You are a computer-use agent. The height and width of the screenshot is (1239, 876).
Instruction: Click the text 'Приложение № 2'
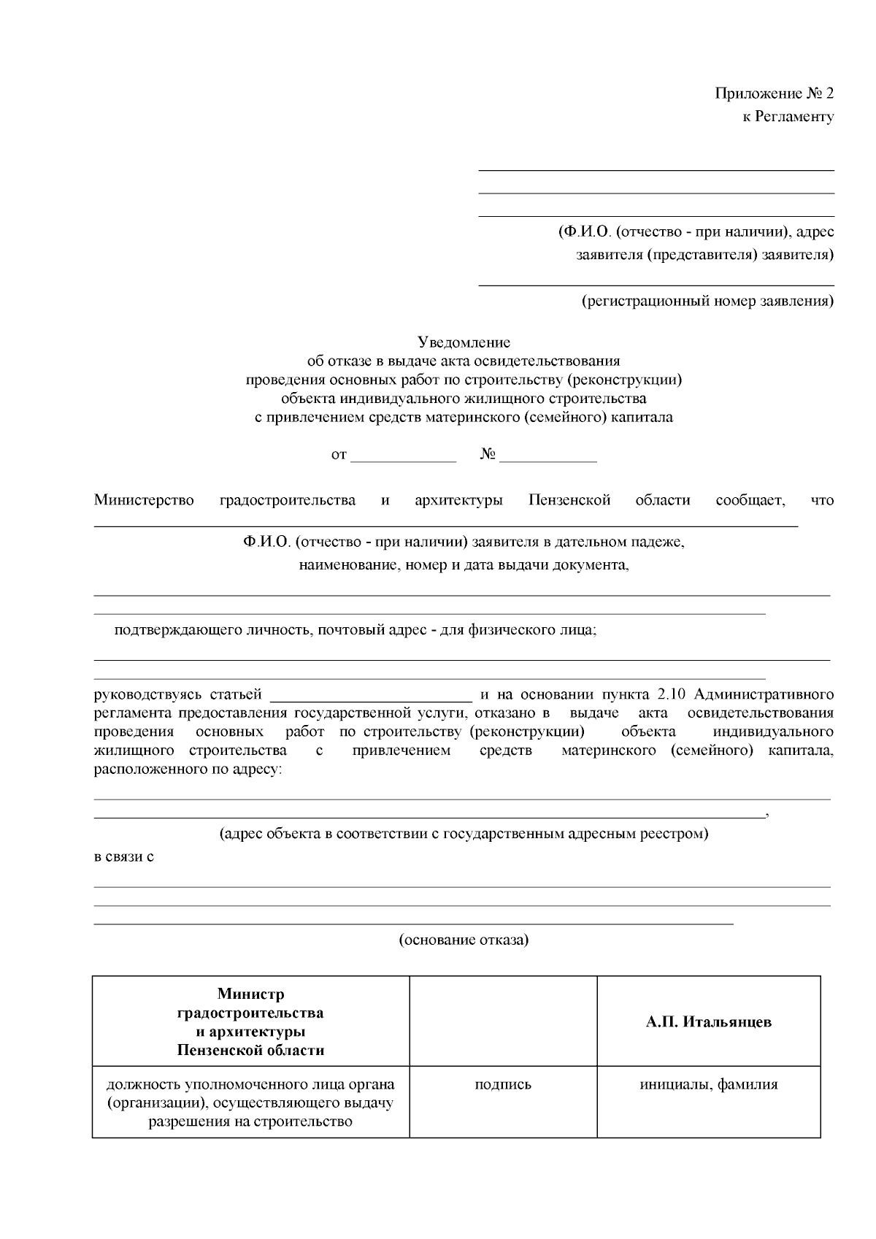(x=774, y=93)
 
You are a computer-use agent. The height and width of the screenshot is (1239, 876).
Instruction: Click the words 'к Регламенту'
(x=788, y=116)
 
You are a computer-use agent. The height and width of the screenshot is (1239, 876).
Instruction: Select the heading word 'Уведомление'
(x=464, y=342)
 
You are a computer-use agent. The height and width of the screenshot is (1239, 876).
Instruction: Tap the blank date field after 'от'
(x=404, y=456)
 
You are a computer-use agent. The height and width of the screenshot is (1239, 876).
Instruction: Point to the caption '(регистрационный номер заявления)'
(x=707, y=301)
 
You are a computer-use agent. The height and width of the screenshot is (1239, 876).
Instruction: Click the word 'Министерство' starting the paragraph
(x=144, y=500)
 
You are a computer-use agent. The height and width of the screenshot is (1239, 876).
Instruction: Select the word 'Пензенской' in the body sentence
(x=569, y=500)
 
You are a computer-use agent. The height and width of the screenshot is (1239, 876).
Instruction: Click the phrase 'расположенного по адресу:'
(x=187, y=770)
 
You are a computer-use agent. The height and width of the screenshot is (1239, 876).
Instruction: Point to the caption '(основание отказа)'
(x=464, y=940)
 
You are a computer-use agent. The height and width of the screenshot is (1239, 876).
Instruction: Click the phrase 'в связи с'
(x=124, y=856)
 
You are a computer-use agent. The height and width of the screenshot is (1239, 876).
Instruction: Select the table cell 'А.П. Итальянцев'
(x=708, y=1021)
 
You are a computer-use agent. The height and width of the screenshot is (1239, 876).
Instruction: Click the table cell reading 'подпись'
(x=502, y=1084)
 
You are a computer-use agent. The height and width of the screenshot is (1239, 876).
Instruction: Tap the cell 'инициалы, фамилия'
(x=708, y=1084)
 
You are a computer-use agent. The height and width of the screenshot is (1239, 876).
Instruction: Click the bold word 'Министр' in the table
(x=250, y=994)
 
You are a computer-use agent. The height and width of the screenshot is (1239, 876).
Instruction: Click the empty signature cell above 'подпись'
(x=502, y=1021)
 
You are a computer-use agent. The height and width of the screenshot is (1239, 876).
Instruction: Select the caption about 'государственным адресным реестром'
(x=464, y=833)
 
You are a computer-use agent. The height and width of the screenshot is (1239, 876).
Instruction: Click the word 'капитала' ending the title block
(x=644, y=418)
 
